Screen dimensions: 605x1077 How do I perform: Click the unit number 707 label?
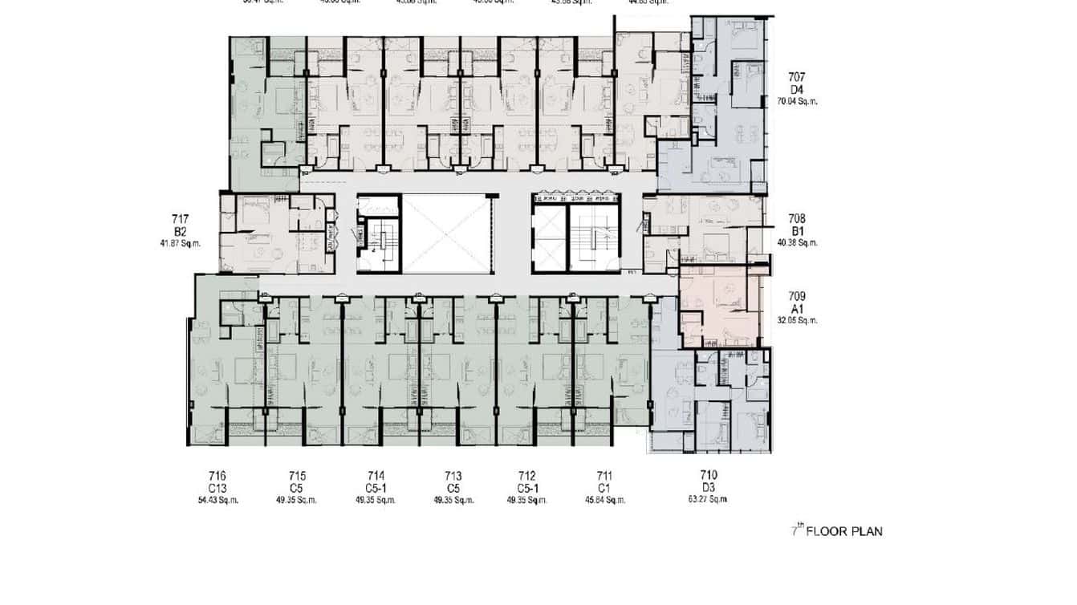[796, 77]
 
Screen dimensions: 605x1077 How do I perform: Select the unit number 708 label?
[797, 218]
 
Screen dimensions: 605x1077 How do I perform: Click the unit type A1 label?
[797, 308]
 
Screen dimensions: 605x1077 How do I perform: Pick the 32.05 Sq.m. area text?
[797, 320]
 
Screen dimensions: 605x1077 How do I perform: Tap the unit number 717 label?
[180, 218]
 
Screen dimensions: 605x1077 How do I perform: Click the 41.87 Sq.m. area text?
[180, 242]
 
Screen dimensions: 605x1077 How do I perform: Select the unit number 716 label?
[218, 476]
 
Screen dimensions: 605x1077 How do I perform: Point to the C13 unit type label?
[218, 488]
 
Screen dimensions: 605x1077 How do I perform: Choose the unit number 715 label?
[297, 476]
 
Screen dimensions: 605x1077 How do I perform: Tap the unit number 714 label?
[376, 476]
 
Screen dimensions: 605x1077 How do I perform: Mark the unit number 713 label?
[453, 476]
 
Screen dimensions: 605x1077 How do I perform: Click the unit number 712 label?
[526, 476]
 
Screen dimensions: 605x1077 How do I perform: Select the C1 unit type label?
[604, 488]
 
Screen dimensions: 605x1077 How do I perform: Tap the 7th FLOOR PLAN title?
[837, 530]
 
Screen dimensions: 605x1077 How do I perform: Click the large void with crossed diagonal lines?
[445, 233]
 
